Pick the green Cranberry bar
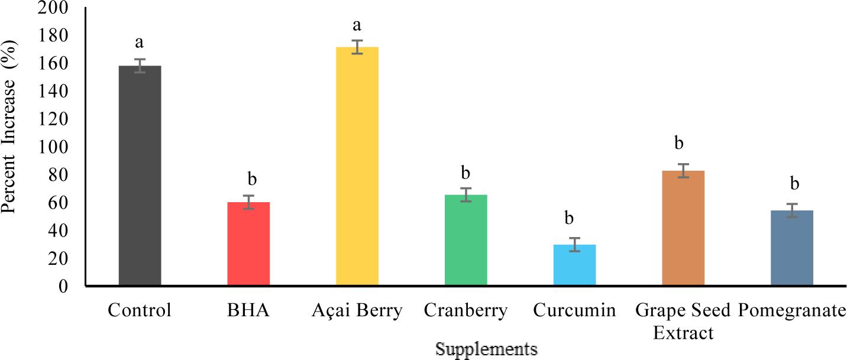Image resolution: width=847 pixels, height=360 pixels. coord(465,241)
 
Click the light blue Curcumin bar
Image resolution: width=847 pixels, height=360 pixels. coord(574,265)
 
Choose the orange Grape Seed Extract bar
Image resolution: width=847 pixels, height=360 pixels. coord(683,228)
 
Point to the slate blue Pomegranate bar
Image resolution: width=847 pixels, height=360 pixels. coord(791,248)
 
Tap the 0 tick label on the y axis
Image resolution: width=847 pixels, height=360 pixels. coord(64,286)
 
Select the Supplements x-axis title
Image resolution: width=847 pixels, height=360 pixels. coord(486,349)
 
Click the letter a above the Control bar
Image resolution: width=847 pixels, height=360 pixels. coord(140,43)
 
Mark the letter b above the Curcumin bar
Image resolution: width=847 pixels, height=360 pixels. coord(569,218)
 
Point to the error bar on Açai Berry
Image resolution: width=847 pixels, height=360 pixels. coord(357,47)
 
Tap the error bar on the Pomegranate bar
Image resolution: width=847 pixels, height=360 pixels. coord(791,210)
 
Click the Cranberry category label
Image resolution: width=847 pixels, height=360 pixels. coord(465,310)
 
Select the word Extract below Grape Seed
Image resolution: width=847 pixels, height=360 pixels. coord(683,333)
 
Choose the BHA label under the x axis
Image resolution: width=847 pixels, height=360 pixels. coord(248,310)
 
